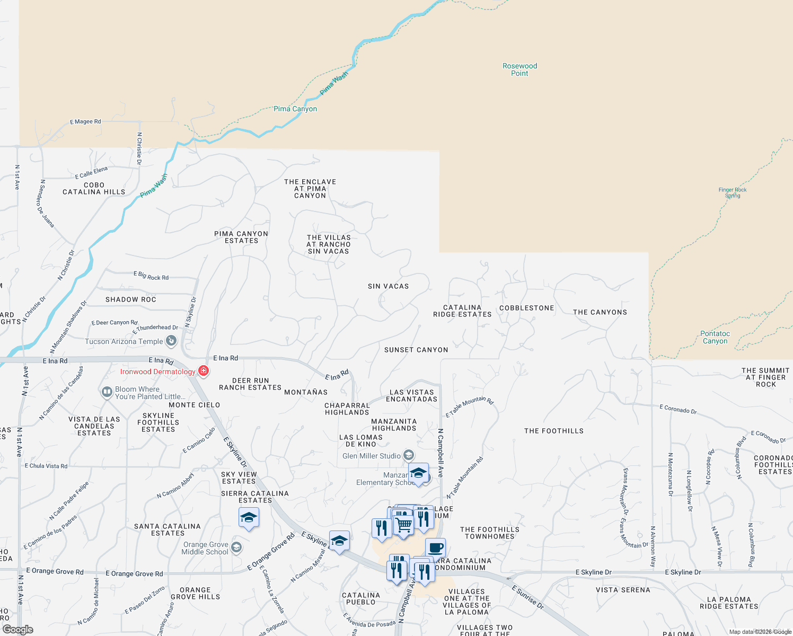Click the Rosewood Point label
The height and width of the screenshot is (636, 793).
click(519, 70)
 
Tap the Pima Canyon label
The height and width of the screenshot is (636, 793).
click(295, 109)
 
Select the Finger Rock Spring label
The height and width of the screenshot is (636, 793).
click(733, 192)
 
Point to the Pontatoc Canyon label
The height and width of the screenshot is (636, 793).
click(715, 337)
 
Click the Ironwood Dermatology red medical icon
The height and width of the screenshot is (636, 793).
click(203, 371)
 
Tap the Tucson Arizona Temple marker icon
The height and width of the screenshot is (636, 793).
click(171, 341)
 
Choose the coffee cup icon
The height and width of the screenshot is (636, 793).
click(435, 548)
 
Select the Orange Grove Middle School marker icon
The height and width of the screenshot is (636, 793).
click(236, 547)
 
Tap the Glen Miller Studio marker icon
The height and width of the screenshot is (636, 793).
click(408, 455)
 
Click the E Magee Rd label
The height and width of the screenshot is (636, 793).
click(85, 122)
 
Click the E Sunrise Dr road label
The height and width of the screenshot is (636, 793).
click(527, 597)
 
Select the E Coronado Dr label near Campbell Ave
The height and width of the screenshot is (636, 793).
click(678, 409)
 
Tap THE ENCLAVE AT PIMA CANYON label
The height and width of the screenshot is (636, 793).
click(310, 189)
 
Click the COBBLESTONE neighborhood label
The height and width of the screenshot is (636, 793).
click(526, 308)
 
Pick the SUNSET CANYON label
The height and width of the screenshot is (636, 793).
click(416, 350)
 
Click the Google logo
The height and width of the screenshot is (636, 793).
click(18, 630)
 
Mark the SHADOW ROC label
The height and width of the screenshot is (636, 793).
click(130, 299)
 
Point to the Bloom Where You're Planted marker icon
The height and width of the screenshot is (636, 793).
click(107, 392)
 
